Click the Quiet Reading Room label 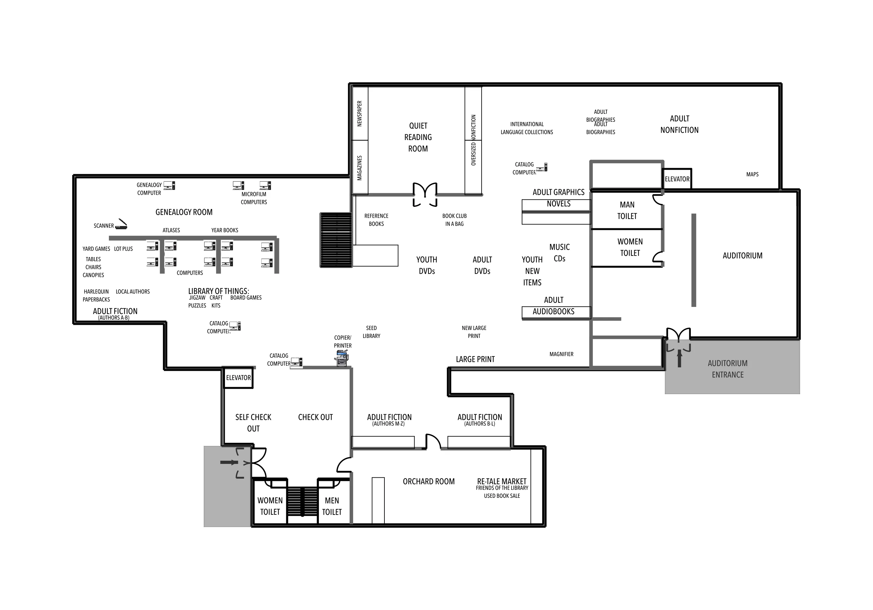tap(418, 137)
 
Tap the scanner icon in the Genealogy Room tap(121, 224)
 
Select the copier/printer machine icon tap(342, 359)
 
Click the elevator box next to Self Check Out tap(238, 378)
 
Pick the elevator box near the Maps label tap(677, 179)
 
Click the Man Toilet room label tap(627, 210)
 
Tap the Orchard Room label tap(429, 481)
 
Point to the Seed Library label tap(372, 332)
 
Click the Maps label tap(752, 174)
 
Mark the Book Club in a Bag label tap(454, 220)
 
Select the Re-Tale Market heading tap(502, 481)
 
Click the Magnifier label tap(561, 354)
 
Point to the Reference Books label tap(376, 220)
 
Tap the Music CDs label tap(559, 253)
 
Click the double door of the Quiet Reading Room tap(425, 195)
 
